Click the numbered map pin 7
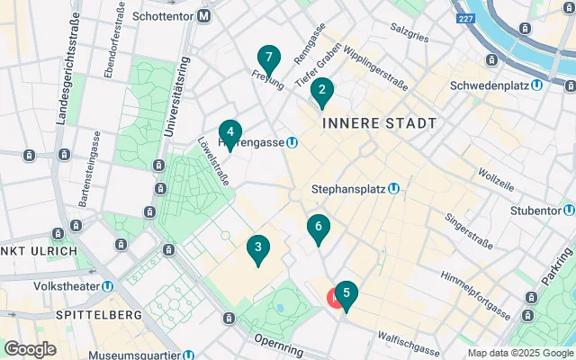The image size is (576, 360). pos(267,58)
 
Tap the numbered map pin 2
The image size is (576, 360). pos(322,92)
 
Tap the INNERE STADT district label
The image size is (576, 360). pos(379,122)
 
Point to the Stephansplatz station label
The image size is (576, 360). pos(355,189)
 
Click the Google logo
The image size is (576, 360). pos(31,348)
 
